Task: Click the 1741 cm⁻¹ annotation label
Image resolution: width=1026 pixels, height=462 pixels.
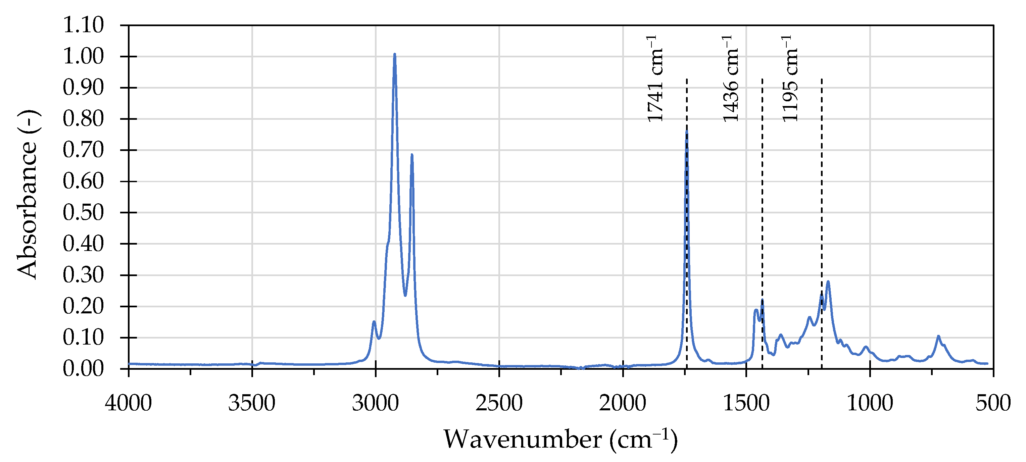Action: click(654, 79)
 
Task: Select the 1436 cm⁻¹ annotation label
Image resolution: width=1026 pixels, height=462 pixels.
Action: click(730, 79)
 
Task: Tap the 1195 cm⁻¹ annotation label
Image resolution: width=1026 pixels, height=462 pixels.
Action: click(790, 79)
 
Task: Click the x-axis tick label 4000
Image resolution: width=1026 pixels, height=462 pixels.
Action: click(128, 403)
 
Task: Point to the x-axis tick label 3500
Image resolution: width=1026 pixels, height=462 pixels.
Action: click(252, 403)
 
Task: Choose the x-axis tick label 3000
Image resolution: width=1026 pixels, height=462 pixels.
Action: click(375, 403)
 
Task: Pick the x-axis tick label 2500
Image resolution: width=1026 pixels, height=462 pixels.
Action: click(499, 403)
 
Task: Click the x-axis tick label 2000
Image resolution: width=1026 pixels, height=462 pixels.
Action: click(623, 403)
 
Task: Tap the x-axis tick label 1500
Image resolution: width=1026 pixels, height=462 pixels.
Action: click(746, 403)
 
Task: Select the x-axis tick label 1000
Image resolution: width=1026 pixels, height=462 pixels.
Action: click(870, 403)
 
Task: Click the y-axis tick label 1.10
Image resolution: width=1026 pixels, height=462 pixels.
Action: click(83, 25)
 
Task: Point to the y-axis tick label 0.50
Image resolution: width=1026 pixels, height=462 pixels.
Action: click(83, 212)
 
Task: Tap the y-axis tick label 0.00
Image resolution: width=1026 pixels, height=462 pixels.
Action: click(83, 369)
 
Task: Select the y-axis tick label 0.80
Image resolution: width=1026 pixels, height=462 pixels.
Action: click(83, 119)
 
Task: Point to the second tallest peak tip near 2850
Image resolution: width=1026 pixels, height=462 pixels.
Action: click(412, 155)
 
